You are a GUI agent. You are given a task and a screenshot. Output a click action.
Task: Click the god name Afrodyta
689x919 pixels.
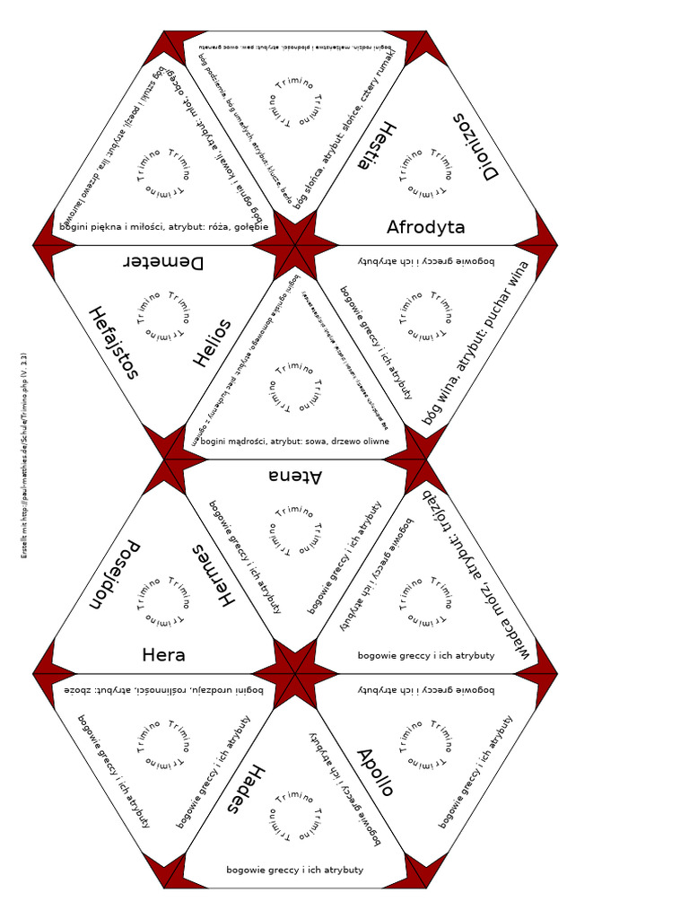[425, 227]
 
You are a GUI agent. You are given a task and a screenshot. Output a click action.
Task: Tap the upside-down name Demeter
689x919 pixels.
[162, 262]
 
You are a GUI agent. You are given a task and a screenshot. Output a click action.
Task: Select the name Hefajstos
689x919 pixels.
[113, 342]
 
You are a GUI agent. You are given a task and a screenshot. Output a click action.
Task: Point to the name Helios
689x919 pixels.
[213, 343]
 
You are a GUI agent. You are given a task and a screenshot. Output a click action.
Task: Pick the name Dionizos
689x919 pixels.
[475, 147]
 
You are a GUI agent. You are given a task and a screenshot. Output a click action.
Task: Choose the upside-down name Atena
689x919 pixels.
[295, 476]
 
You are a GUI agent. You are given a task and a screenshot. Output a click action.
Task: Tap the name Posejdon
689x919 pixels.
[114, 574]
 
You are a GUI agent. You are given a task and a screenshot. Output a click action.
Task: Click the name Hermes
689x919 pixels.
[213, 574]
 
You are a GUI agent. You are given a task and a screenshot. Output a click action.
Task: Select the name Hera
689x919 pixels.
[163, 655]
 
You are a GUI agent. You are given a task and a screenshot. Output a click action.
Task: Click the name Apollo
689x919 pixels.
[376, 773]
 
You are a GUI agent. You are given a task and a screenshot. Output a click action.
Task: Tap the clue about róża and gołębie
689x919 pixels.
[163, 226]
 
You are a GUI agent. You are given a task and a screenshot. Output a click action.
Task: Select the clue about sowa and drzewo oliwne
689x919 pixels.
[295, 441]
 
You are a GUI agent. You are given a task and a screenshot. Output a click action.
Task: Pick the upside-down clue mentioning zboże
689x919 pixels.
[163, 690]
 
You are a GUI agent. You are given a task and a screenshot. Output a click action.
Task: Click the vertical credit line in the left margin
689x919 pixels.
[24, 456]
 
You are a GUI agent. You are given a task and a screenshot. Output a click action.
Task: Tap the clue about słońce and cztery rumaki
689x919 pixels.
[345, 126]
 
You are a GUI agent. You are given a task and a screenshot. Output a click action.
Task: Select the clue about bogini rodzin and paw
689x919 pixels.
[295, 45]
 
